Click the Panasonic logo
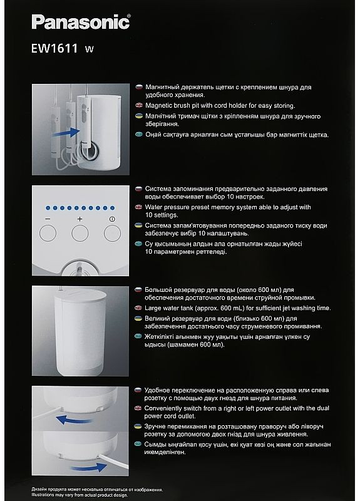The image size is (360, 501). (81, 23)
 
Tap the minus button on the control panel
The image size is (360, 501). (48, 234)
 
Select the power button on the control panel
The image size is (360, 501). (112, 234)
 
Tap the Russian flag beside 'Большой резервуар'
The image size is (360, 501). (138, 290)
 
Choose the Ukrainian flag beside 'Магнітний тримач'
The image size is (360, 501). (138, 116)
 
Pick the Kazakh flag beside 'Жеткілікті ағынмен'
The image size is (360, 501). (138, 336)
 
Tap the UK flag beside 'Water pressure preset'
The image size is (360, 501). (138, 206)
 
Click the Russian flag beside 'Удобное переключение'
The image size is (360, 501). (138, 390)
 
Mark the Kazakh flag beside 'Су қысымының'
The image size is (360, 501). (138, 243)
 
